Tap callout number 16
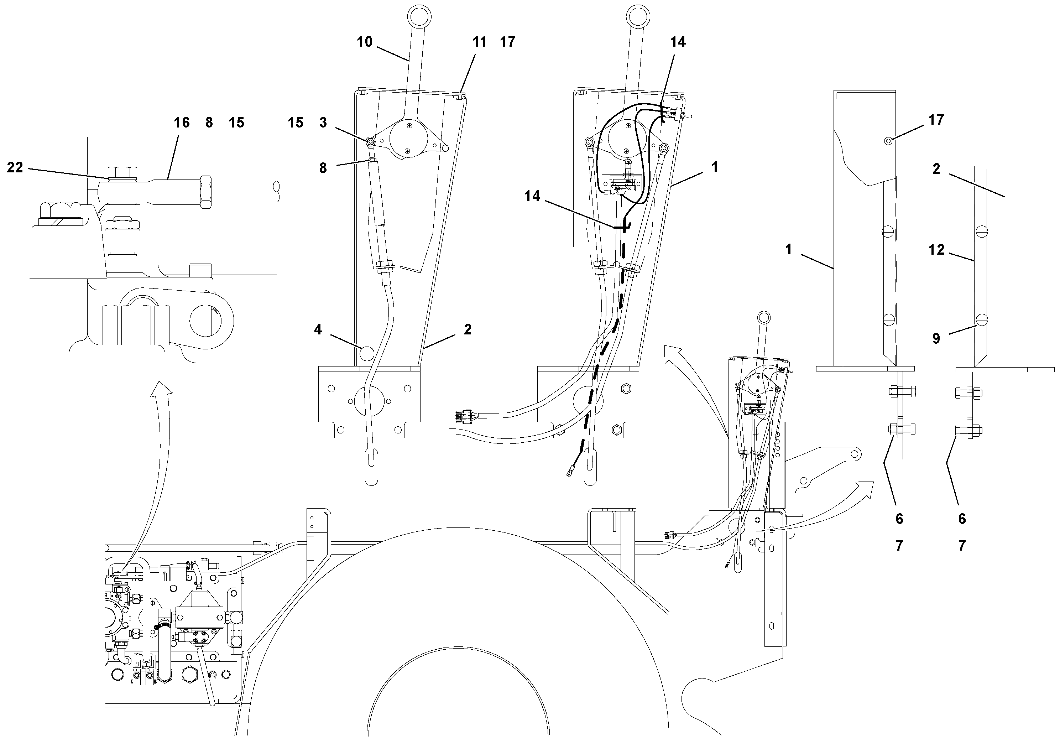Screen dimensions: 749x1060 point(182,123)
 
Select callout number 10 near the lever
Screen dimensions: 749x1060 point(364,42)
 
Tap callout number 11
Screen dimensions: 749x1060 point(480,42)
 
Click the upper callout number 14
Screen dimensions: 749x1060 point(678,42)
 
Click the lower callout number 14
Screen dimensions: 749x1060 point(532,196)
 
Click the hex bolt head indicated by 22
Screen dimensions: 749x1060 point(122,173)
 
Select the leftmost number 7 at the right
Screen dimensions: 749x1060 point(899,546)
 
